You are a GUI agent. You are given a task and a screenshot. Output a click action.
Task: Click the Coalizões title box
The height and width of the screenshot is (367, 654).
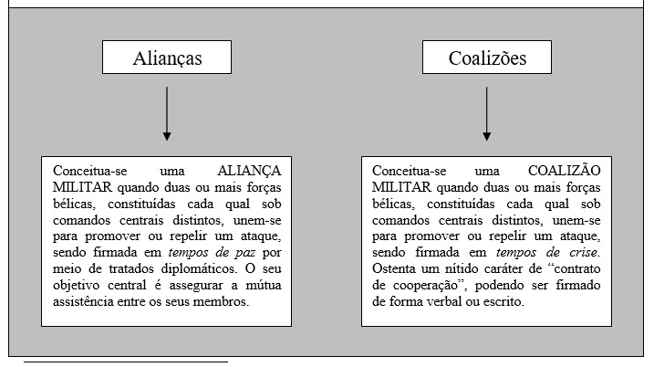487,59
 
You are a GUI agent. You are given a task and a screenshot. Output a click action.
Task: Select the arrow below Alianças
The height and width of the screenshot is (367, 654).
166,113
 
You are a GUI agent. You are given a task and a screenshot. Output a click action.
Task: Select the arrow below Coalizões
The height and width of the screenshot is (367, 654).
487,113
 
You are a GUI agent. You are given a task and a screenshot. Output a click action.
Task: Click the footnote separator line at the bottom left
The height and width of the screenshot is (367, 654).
125,362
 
